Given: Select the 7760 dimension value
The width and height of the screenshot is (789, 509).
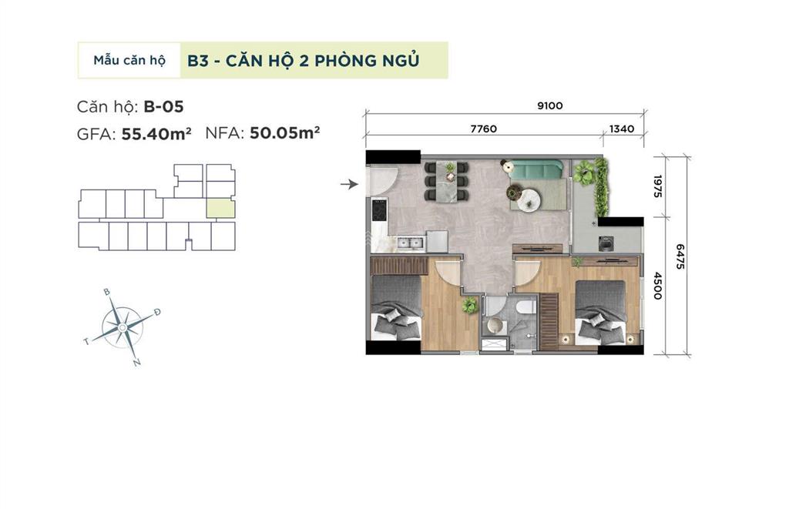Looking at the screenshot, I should [x=483, y=129].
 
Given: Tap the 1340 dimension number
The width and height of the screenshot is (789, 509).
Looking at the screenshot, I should [x=621, y=129].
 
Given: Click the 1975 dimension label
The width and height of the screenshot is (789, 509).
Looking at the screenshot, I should [x=657, y=186].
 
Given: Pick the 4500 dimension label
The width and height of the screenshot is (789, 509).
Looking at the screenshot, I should [x=657, y=286].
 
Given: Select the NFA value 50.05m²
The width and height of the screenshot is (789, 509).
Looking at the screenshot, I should [x=284, y=132].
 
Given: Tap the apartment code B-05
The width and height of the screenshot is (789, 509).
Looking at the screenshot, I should [x=163, y=106].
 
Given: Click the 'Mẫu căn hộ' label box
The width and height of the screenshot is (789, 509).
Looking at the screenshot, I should [x=129, y=60].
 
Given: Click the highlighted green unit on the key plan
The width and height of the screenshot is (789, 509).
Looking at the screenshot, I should [x=220, y=207].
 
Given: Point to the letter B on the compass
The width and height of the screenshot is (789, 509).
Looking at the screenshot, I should [x=107, y=293].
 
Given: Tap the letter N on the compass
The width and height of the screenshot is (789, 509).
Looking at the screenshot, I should [x=136, y=363].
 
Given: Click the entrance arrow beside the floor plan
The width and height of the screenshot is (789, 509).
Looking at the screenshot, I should [x=350, y=184].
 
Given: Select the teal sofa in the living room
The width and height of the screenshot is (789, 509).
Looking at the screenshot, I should [x=538, y=169].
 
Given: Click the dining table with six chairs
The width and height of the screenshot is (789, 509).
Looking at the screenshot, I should [x=446, y=181].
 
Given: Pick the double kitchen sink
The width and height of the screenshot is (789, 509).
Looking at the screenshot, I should [x=410, y=243].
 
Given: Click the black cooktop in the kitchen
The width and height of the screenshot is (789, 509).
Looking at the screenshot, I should [x=379, y=209].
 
